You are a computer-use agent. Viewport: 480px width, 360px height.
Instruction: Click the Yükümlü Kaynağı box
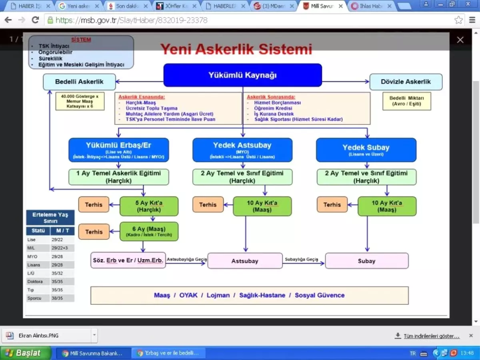[x=242, y=75]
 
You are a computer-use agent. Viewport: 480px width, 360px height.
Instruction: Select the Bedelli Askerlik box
[x=79, y=82]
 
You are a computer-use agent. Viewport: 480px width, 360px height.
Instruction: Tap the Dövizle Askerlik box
[x=406, y=82]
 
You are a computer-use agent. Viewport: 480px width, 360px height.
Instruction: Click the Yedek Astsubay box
[x=242, y=150]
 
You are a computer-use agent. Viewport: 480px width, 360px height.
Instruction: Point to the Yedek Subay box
[x=366, y=150]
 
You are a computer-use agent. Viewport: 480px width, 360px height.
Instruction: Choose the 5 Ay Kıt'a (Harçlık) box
[x=149, y=206]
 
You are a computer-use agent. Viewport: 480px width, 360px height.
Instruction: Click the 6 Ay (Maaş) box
[x=149, y=231]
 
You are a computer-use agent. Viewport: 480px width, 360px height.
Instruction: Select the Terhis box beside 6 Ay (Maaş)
[x=94, y=232]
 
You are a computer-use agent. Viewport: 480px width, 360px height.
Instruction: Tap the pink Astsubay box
[x=245, y=261]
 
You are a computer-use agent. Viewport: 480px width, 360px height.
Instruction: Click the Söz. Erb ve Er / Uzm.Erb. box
[x=128, y=260]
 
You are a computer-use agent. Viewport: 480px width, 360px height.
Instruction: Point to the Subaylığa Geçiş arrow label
[x=301, y=260]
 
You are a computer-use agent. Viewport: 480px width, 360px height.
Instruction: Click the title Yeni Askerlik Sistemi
[x=236, y=49]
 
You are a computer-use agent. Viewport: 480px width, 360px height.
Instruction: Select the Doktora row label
[x=35, y=282]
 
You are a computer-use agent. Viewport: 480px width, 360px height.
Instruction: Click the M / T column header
[x=62, y=231]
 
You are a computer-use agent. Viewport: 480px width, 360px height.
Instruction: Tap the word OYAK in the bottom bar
[x=188, y=295]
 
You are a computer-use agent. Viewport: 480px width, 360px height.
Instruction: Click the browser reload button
[x=35, y=20]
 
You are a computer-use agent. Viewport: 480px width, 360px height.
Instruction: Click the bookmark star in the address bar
[x=458, y=20]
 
